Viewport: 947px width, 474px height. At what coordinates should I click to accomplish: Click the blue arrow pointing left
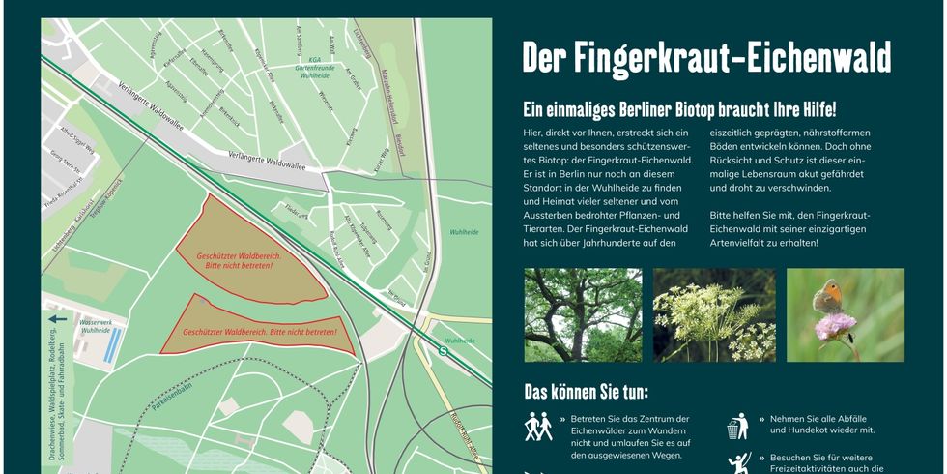(57, 318)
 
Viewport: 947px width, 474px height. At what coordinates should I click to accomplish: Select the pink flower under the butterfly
(835, 326)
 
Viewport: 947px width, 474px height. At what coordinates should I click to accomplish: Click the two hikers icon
(538, 427)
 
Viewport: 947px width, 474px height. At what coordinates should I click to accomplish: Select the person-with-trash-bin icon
(738, 426)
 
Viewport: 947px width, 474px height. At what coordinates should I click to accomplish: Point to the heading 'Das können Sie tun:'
(586, 392)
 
